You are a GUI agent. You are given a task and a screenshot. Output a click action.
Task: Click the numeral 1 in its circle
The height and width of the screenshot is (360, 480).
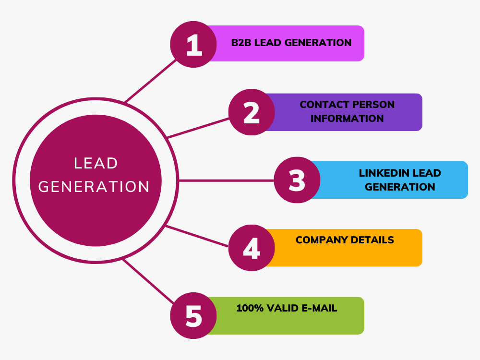194,45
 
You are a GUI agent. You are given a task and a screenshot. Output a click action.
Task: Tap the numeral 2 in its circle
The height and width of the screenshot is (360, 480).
252,113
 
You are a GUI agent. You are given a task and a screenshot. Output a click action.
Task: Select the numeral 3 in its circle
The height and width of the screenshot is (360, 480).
297,180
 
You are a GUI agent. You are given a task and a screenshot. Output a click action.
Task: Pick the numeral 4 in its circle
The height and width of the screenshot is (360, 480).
252,248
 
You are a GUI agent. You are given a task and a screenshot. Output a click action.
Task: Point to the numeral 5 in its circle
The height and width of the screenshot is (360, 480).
194,316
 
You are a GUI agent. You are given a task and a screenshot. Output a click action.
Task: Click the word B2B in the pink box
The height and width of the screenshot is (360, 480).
241,43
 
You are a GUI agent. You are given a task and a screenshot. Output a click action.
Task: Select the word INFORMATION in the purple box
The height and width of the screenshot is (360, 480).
347,119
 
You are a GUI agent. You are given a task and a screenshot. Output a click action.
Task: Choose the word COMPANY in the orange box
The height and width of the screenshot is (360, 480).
322,240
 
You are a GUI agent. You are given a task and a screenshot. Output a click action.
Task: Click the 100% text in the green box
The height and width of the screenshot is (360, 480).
250,308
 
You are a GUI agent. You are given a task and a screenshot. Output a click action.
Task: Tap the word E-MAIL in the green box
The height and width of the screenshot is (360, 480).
319,308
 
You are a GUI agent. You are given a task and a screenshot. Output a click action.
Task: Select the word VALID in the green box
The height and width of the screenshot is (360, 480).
283,308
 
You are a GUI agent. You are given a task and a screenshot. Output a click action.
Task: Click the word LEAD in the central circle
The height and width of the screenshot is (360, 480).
96,163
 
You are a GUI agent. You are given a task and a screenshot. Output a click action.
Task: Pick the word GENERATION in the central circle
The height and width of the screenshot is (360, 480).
94,187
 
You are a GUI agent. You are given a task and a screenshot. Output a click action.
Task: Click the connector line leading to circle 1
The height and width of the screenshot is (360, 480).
151,81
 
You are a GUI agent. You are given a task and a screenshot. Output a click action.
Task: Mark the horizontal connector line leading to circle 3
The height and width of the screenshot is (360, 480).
226,180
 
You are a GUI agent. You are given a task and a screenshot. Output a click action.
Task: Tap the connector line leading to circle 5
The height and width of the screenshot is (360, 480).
148,281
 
